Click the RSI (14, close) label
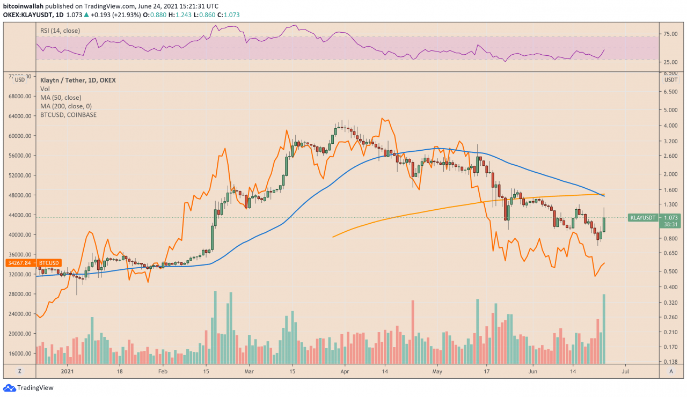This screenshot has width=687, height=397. coord(60,31)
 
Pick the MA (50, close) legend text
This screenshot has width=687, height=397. coord(61,98)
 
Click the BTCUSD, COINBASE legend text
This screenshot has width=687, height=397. coord(69,115)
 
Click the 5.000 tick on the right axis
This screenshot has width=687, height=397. coord(671,110)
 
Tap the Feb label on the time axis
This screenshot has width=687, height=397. coord(163,371)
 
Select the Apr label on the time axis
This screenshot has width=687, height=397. coord(345,371)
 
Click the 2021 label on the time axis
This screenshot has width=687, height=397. coord(68,371)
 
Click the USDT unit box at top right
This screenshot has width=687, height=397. coord(671,79)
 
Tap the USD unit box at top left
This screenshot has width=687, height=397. coord(20,79)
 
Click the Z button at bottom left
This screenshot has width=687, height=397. coord(19,371)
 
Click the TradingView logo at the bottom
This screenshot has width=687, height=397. coord(27,388)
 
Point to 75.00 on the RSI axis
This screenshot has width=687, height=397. coord(671,34)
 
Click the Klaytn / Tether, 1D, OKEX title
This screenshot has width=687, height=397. coord(78,80)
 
